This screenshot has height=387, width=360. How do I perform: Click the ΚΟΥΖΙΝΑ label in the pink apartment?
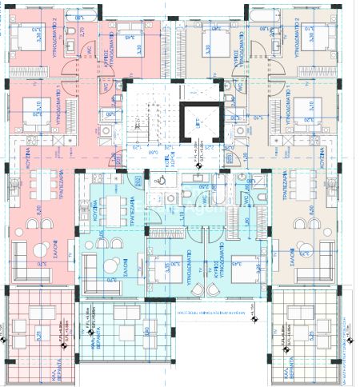pyautogui.click(x=26, y=155)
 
